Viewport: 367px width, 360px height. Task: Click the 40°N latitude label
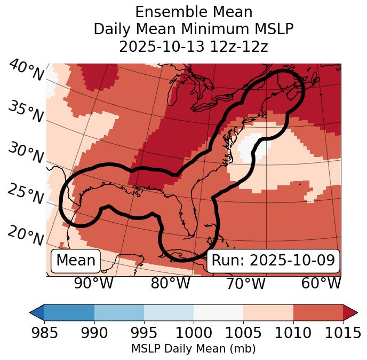point(26,71)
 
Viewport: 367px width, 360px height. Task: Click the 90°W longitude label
point(94,283)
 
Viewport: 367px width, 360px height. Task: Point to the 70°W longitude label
point(245,283)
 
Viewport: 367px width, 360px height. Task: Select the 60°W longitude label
point(321,283)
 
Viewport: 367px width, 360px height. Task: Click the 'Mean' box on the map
point(76,261)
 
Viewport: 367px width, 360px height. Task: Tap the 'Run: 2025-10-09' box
point(273,261)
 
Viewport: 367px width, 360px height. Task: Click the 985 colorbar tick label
point(44,333)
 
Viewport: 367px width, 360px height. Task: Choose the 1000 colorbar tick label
point(194,333)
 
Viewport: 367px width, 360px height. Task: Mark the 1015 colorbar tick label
point(342,333)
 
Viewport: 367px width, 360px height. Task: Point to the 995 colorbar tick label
point(144,333)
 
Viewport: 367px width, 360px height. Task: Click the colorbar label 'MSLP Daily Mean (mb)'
point(194,349)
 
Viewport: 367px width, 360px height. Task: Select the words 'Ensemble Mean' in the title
point(194,12)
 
